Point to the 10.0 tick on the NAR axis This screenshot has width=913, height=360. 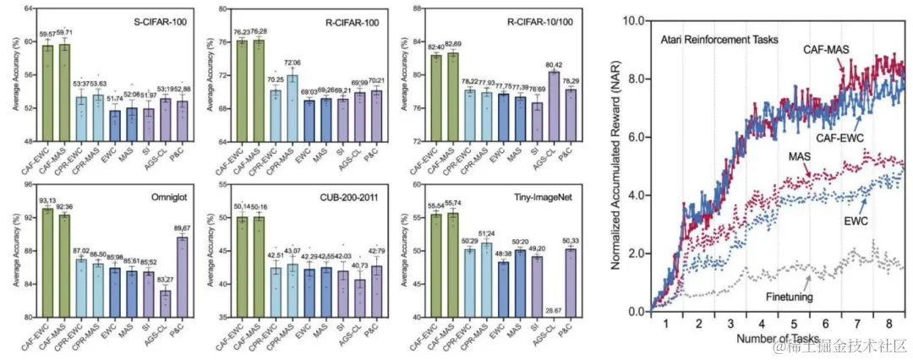tap(635, 16)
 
